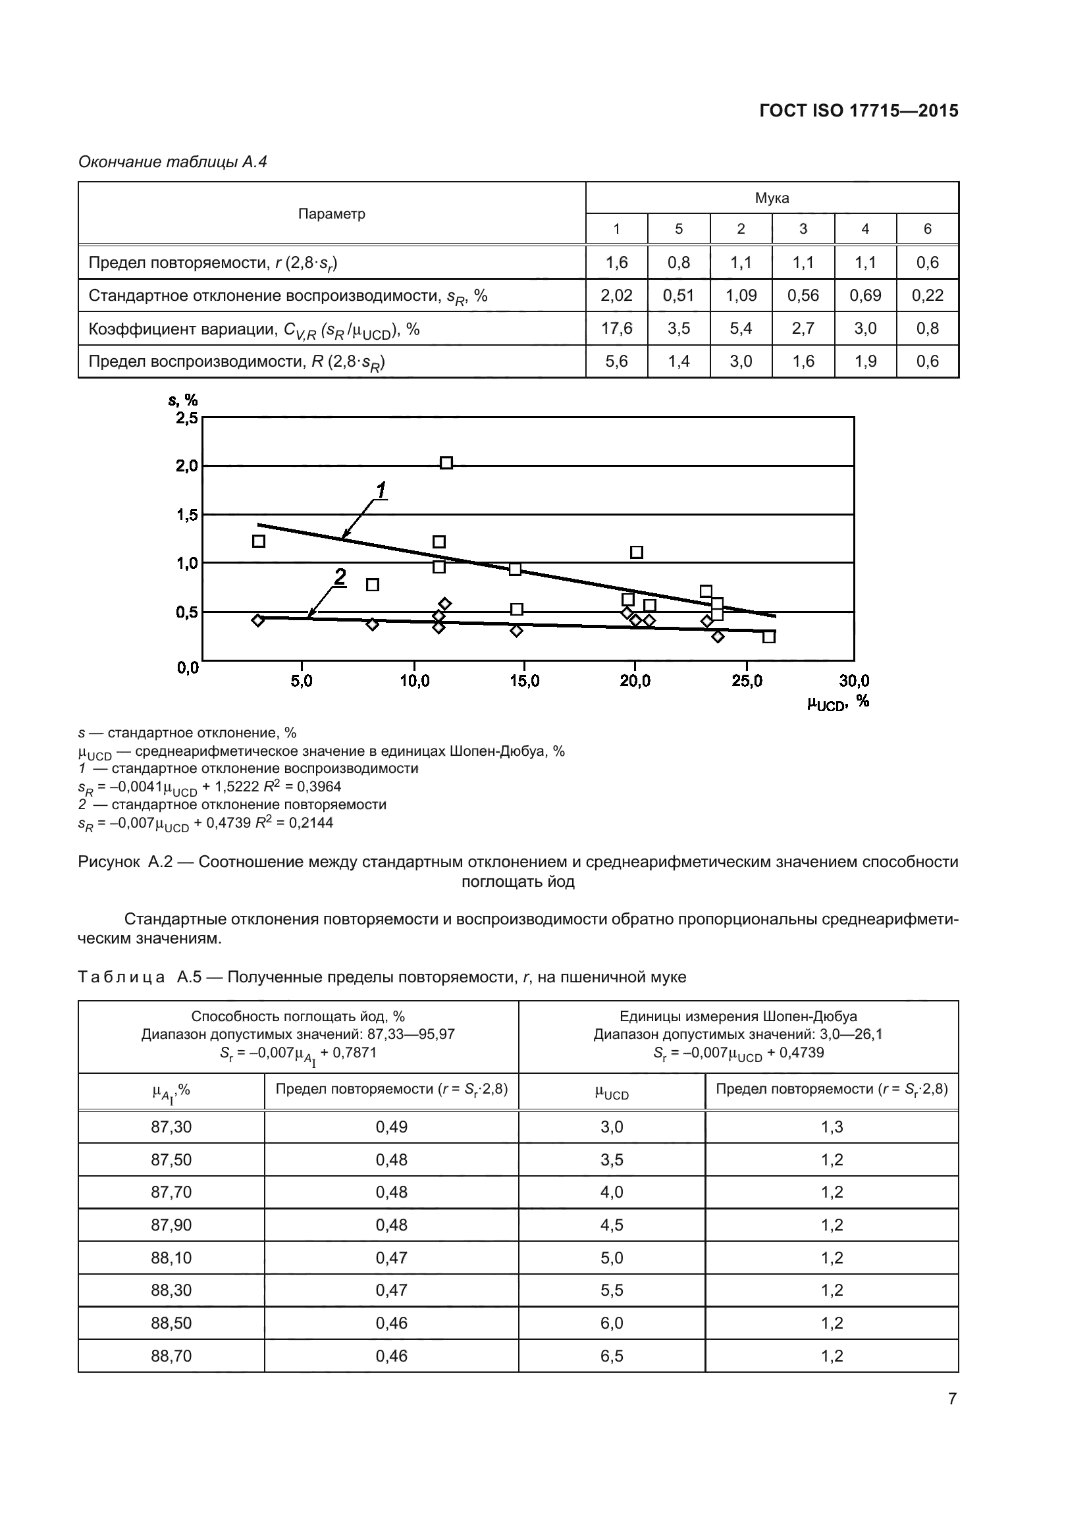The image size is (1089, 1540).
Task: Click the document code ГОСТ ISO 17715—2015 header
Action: [859, 111]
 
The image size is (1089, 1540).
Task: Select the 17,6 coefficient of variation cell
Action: [616, 329]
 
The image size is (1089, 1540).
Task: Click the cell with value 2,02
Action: [616, 296]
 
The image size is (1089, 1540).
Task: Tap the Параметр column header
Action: [331, 214]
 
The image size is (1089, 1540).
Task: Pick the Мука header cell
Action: [771, 198]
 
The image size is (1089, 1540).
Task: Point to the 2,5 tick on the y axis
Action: [186, 418]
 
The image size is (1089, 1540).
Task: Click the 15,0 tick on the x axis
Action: [524, 681]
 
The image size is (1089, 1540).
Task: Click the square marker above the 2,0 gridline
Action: [446, 463]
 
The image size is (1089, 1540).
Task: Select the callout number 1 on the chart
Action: [381, 491]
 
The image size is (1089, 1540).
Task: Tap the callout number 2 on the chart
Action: [340, 576]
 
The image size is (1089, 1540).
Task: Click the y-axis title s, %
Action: [182, 400]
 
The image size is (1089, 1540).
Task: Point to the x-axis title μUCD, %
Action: [837, 703]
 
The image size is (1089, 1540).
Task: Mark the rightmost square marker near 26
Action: [768, 637]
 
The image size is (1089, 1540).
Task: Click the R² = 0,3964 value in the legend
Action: [302, 787]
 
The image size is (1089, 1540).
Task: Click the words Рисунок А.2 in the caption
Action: [125, 862]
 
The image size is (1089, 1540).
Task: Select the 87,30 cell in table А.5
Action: [171, 1127]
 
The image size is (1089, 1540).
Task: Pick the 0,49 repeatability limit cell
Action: [391, 1127]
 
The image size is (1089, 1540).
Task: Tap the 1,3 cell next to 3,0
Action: [832, 1127]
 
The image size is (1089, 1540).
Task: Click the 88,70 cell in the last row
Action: [171, 1356]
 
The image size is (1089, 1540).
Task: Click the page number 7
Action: [951, 1398]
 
